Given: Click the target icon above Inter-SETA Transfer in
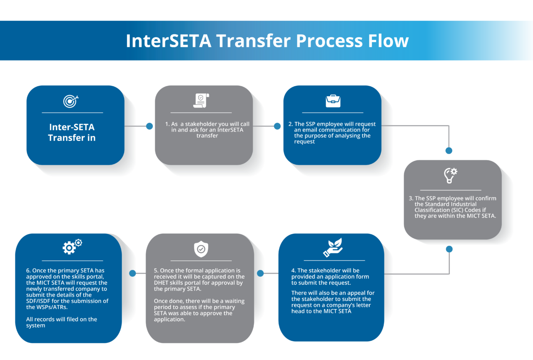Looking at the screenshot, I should (x=71, y=100).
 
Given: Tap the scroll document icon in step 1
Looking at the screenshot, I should (x=201, y=100).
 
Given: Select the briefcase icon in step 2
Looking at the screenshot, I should (x=332, y=101).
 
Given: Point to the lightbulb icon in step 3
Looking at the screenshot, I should (x=450, y=175).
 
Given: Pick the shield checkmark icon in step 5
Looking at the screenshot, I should (x=201, y=249).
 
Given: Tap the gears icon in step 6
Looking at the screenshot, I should (x=72, y=247).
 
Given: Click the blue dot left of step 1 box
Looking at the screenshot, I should (x=149, y=126).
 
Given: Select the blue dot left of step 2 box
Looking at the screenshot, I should (x=277, y=126).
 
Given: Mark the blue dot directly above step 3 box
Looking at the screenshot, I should (x=449, y=150).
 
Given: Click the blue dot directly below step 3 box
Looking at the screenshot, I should (x=449, y=249).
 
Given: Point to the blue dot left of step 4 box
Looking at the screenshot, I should (x=260, y=273).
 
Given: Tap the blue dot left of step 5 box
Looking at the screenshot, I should (x=132, y=273).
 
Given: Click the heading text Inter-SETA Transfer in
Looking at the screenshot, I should (x=72, y=132).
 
